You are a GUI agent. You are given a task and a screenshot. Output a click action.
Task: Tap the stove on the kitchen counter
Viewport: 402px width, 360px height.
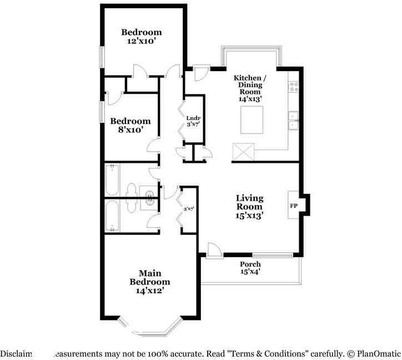tap(293, 86)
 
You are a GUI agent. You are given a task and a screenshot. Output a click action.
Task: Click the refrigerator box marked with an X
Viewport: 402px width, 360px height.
tap(242, 152)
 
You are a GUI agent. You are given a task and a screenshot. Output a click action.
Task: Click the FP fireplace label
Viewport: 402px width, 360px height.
tap(293, 206)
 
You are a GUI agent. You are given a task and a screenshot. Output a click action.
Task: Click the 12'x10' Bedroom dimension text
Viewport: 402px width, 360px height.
tap(142, 41)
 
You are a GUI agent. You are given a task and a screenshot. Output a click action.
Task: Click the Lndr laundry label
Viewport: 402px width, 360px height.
tap(193, 118)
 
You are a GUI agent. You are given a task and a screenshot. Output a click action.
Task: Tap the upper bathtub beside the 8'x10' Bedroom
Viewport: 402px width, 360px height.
tap(112, 180)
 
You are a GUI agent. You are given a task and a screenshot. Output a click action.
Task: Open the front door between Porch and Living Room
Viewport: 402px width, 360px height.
tap(212, 249)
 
